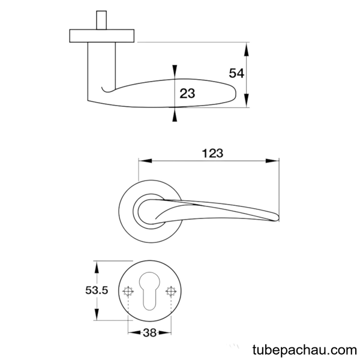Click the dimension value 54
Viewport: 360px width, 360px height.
point(236,73)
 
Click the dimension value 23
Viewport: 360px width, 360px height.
point(187,94)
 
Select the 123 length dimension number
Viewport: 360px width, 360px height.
point(212,154)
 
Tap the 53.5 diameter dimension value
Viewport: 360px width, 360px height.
point(97,290)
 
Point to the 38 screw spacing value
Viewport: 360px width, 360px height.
point(149,332)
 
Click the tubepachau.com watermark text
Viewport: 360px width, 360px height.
point(305,350)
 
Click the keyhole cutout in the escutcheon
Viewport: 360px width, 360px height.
point(149,292)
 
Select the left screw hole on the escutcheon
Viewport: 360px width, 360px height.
point(128,292)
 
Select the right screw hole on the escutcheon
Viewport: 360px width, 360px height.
point(171,292)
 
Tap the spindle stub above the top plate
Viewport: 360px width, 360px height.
point(101,20)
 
